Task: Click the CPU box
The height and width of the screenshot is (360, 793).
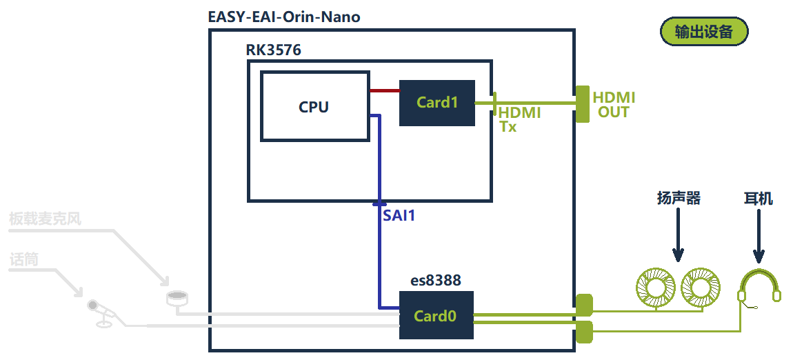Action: pyautogui.click(x=314, y=106)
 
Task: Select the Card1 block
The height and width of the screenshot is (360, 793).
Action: pyautogui.click(x=437, y=103)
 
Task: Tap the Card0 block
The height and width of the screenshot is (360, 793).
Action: pyautogui.click(x=436, y=316)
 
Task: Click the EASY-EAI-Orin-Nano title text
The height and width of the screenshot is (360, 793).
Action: pyautogui.click(x=284, y=17)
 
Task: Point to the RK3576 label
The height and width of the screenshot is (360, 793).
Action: pyautogui.click(x=273, y=50)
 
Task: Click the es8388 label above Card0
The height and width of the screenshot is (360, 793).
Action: pyautogui.click(x=436, y=281)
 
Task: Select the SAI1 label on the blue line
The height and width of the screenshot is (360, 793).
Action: pyautogui.click(x=399, y=216)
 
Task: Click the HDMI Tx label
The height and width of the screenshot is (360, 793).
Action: pyautogui.click(x=519, y=119)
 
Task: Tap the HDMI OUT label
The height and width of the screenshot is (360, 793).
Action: pyautogui.click(x=614, y=104)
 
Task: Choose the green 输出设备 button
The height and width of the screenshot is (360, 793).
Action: pyautogui.click(x=703, y=32)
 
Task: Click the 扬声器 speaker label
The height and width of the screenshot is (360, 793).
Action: pyautogui.click(x=678, y=199)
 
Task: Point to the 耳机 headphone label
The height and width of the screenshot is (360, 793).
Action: pyautogui.click(x=759, y=199)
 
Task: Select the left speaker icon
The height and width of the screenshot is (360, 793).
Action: pyautogui.click(x=654, y=288)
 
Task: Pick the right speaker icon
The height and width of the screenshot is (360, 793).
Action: pyautogui.click(x=700, y=288)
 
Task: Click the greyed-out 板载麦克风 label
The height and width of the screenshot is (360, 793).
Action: pyautogui.click(x=46, y=220)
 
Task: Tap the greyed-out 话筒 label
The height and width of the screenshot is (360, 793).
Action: pyautogui.click(x=24, y=260)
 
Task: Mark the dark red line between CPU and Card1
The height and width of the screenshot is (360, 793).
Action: pyautogui.click(x=384, y=90)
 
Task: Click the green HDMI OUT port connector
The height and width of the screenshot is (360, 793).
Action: pyautogui.click(x=582, y=104)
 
